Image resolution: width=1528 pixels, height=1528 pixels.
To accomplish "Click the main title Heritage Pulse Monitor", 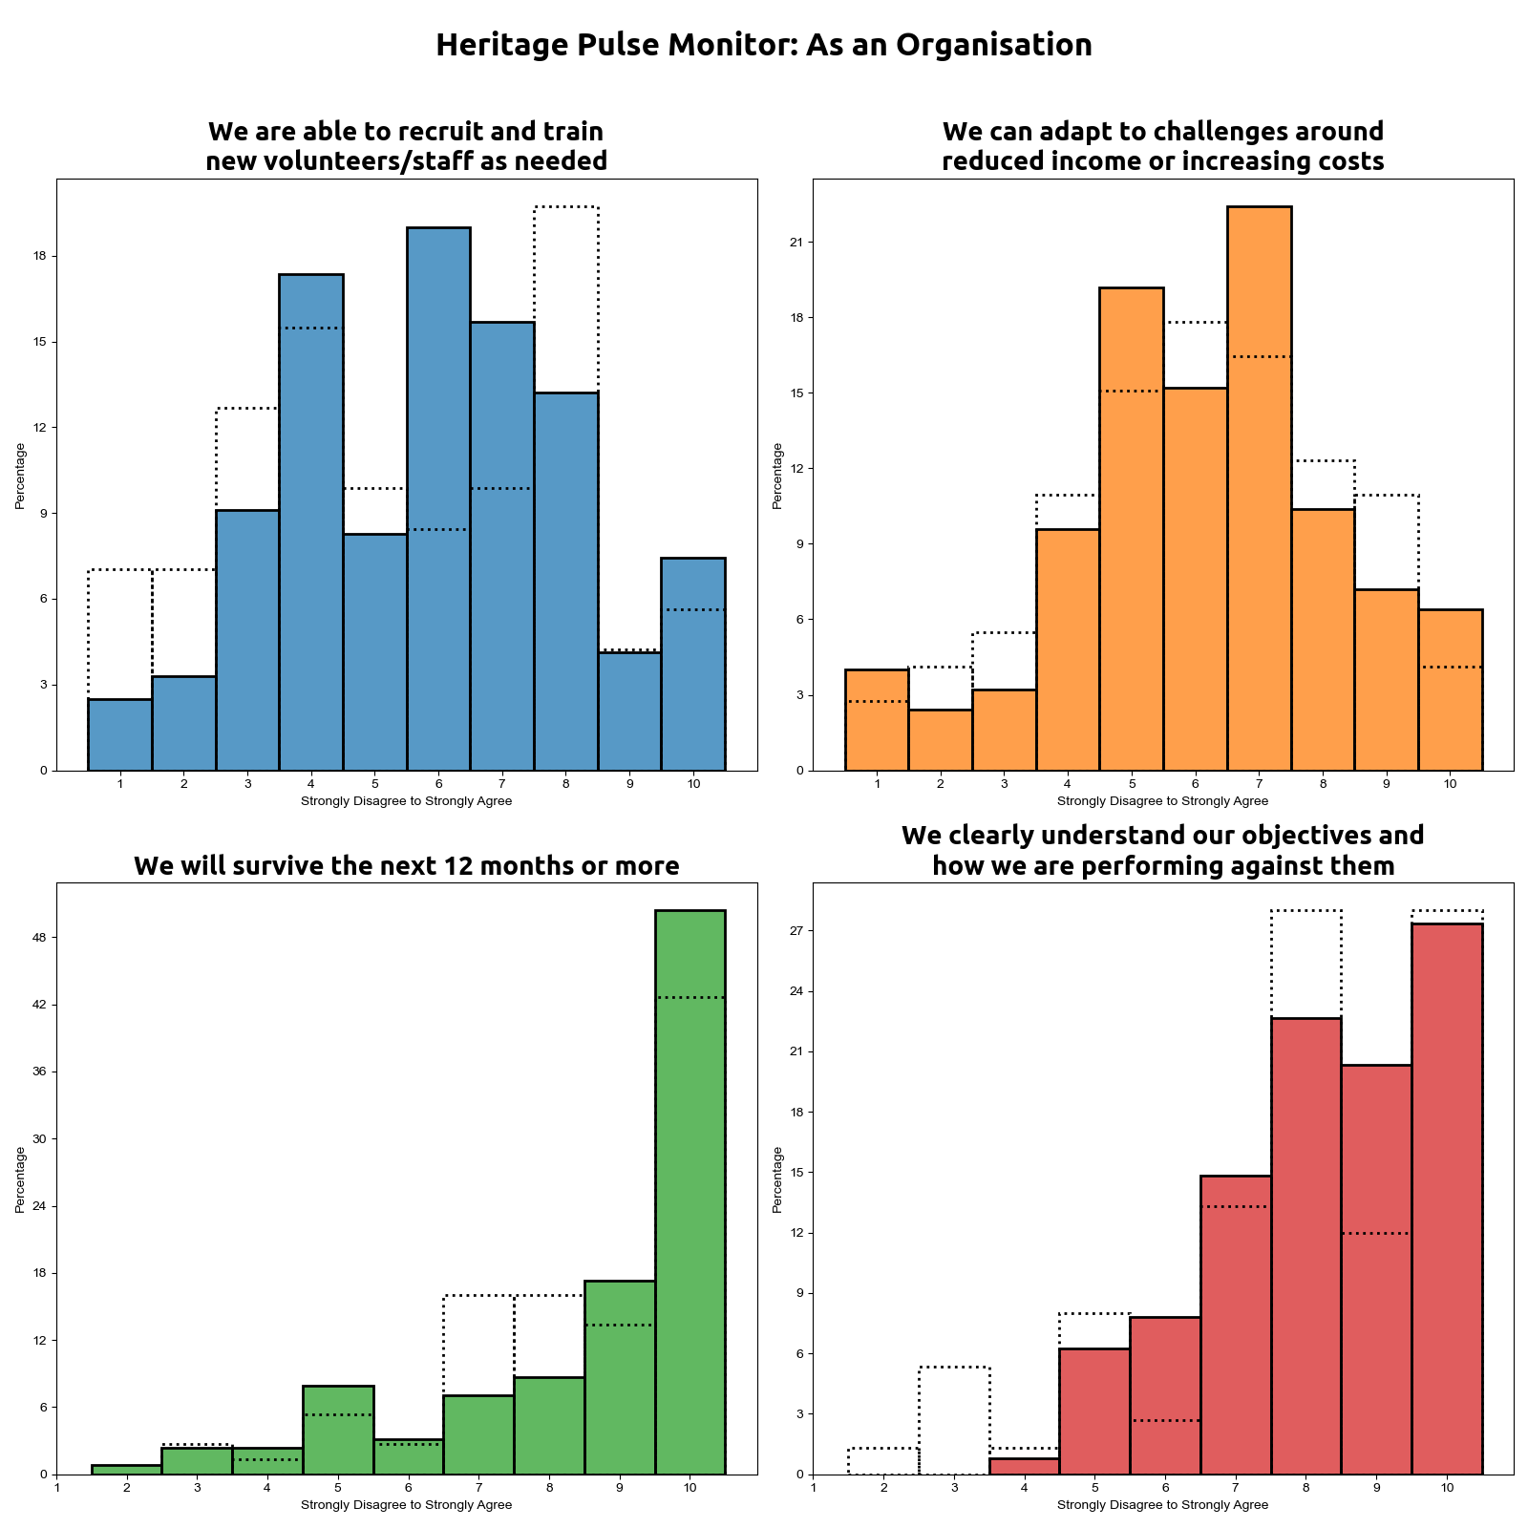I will tap(763, 45).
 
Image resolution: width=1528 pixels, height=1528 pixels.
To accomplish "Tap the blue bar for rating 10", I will tap(693, 664).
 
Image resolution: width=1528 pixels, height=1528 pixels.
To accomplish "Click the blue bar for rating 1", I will tap(119, 734).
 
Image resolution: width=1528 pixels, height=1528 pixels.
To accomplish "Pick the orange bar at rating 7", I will tap(1259, 488).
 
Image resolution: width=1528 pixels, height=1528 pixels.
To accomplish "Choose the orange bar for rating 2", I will tap(940, 740).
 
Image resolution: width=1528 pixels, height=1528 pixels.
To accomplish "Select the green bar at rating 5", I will tap(338, 1430).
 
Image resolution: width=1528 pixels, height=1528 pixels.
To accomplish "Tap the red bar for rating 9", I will tap(1376, 1269).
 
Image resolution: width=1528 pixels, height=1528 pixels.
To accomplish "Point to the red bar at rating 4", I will tap(1024, 1466).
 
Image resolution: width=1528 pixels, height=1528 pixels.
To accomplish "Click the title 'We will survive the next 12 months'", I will tap(407, 866).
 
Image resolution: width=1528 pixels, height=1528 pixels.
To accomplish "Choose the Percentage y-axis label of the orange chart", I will tap(777, 475).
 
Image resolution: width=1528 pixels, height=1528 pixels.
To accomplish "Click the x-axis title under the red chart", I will tap(1162, 1505).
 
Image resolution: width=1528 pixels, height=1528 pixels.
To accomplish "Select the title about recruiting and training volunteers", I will tap(407, 146).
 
